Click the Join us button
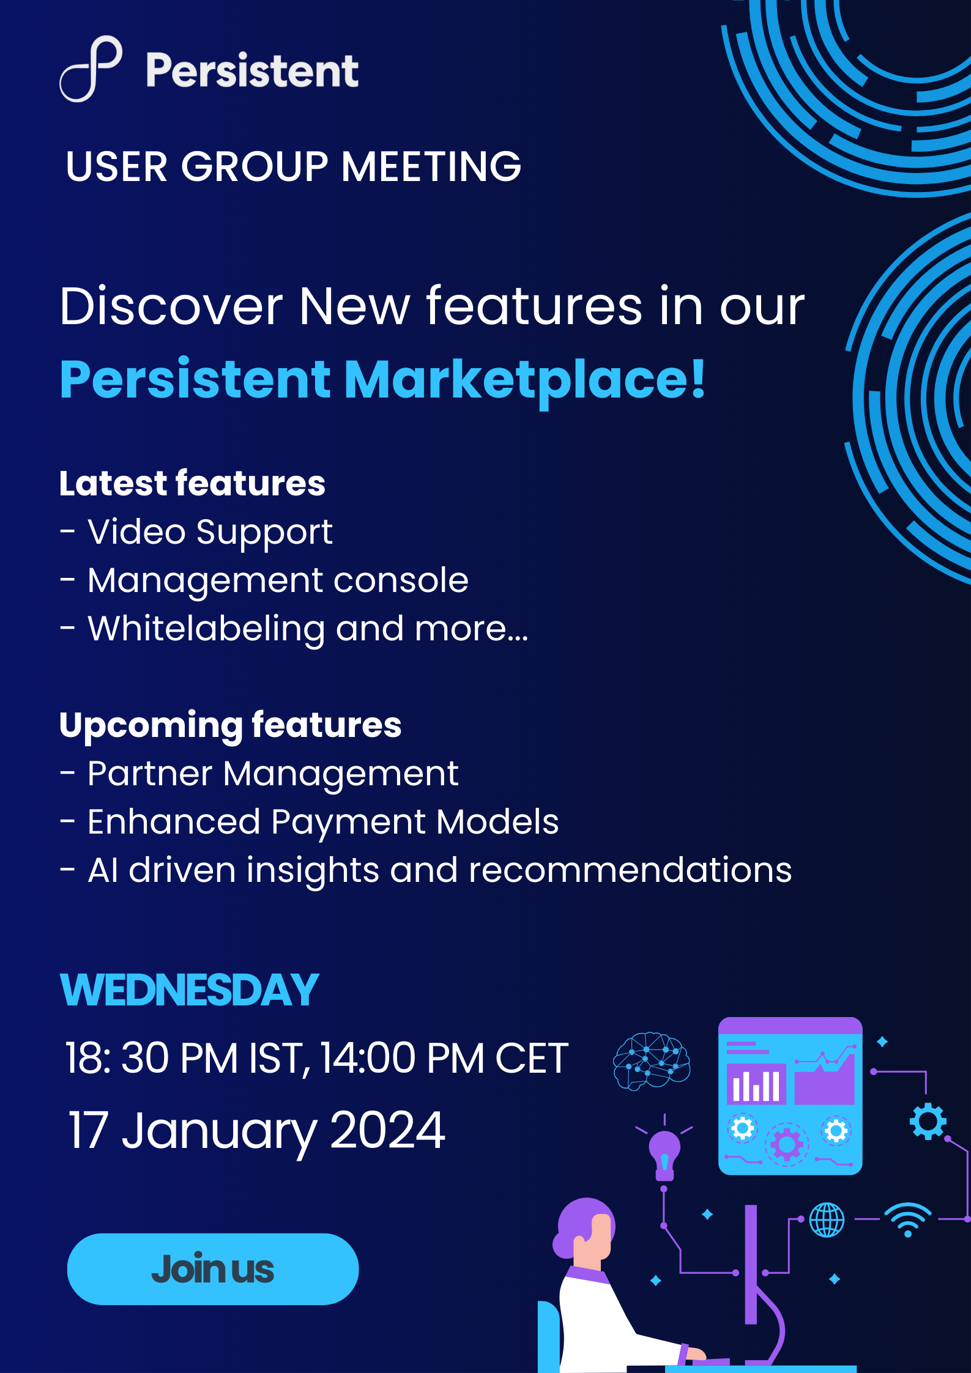213,1269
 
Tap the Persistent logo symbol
91,68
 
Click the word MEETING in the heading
431,167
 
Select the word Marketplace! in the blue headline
525,380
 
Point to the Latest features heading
192,484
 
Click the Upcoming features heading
230,726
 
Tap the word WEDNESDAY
189,990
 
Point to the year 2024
387,1130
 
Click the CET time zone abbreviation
532,1058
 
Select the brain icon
652,1061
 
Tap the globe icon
827,1219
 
